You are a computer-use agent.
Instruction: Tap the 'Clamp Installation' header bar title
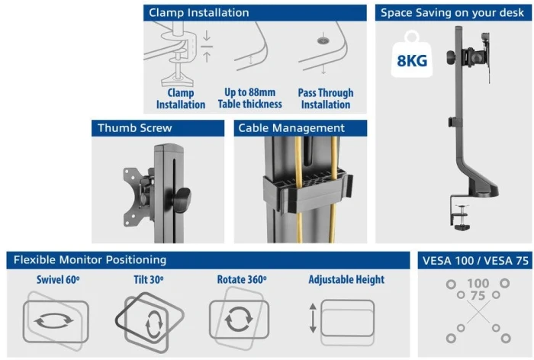[199, 13]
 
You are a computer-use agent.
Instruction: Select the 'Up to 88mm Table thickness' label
[250, 98]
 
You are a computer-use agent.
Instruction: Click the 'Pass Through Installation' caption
[326, 98]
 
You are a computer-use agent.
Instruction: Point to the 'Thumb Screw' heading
[135, 128]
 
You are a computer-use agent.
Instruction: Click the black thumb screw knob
[182, 200]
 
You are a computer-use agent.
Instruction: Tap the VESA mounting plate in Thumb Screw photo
[136, 197]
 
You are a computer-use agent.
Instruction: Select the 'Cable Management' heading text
[291, 128]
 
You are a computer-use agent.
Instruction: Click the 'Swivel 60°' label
[58, 280]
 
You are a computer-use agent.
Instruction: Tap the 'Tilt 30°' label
[149, 280]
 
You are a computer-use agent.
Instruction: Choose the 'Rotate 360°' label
[242, 280]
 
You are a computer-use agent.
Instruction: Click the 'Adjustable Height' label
[346, 280]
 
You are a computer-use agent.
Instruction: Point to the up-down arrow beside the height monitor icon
[313, 319]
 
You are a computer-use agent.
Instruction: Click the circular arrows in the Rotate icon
[239, 319]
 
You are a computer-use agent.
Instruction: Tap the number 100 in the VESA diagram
[478, 284]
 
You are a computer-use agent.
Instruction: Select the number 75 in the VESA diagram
[478, 296]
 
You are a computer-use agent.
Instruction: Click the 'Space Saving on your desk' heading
[452, 13]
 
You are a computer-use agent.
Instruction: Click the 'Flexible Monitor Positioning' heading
[90, 260]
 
